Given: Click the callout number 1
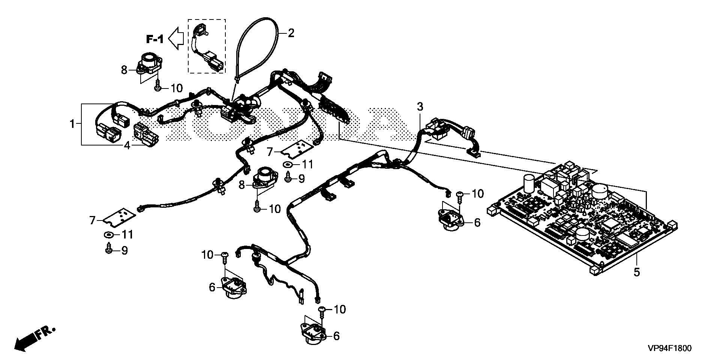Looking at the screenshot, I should pos(72,123).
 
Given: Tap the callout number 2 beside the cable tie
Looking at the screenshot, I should pos(291,33).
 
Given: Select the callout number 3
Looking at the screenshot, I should pos(420,107).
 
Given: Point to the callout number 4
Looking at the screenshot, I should pos(127,145).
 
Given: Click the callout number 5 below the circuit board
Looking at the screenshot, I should pos(637,272).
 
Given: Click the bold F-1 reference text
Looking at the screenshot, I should pos(155,39).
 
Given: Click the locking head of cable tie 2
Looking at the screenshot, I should pos(237,78).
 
